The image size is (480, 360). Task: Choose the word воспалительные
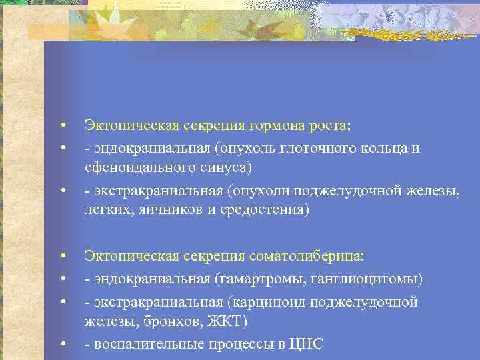(x=139, y=344)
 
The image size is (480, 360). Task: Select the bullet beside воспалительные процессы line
(x=61, y=345)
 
